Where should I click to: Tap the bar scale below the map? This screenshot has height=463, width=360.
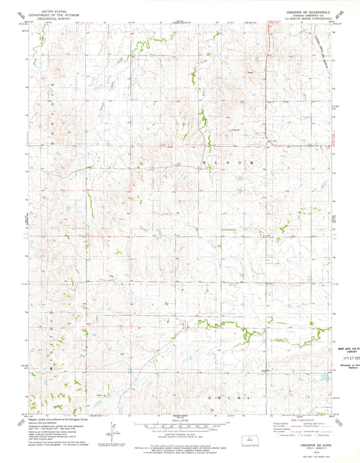click(x=179, y=428)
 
